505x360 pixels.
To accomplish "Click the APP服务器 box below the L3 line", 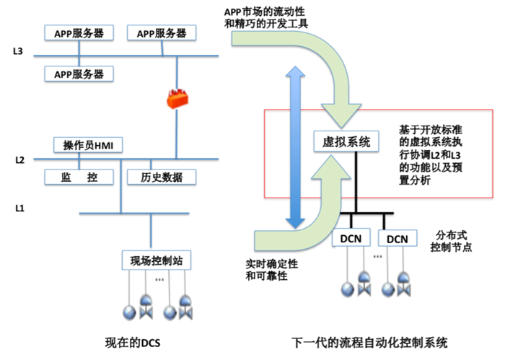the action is pyautogui.click(x=79, y=74).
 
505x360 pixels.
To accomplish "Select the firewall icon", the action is pyautogui.click(x=177, y=99).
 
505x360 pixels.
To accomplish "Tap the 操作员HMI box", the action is pyautogui.click(x=88, y=145).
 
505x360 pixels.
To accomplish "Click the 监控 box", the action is pyautogui.click(x=79, y=177).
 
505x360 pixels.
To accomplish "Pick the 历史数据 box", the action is pyautogui.click(x=162, y=177).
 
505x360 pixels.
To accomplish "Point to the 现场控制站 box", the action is pyautogui.click(x=157, y=260).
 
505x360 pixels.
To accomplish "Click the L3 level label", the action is pyautogui.click(x=18, y=51).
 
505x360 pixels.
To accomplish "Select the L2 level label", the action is pyautogui.click(x=19, y=159).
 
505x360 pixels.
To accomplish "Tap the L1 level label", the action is pyautogui.click(x=19, y=208).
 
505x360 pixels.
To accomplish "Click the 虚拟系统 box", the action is pyautogui.click(x=346, y=141).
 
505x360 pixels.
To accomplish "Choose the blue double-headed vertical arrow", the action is pyautogui.click(x=295, y=147).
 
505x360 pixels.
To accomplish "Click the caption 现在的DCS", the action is pyautogui.click(x=132, y=343).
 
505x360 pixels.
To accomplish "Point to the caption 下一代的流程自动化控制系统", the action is pyautogui.click(x=369, y=342).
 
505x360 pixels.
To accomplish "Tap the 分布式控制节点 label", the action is pyautogui.click(x=451, y=241).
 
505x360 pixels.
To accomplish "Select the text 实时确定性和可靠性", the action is pyautogui.click(x=271, y=270).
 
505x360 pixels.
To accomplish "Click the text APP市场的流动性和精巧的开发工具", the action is pyautogui.click(x=266, y=18).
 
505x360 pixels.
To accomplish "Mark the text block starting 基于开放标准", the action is pyautogui.click(x=431, y=155).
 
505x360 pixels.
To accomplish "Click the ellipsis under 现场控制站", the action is pyautogui.click(x=159, y=279).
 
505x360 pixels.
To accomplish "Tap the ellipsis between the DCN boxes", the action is pyautogui.click(x=377, y=257).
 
